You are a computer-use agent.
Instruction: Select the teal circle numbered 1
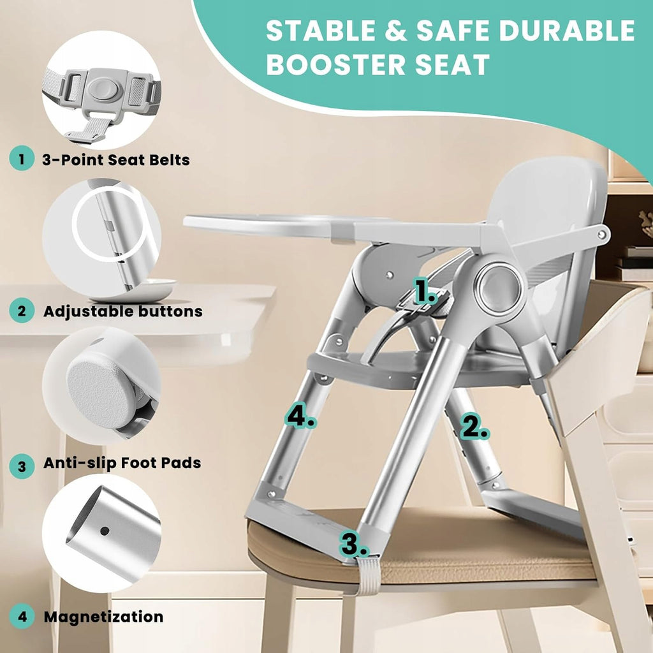22,159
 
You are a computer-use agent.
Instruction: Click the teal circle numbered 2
22,311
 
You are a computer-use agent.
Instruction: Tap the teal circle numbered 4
22,617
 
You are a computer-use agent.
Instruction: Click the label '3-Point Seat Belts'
116,159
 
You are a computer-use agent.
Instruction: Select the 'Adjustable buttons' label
123,311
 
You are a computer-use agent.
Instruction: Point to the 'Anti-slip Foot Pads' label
122,463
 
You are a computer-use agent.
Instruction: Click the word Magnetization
103,617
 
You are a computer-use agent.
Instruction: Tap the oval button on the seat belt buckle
103,89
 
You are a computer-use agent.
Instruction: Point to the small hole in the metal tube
105,531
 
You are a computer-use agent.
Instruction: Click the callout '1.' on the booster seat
425,291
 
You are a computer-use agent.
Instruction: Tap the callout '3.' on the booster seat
355,544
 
